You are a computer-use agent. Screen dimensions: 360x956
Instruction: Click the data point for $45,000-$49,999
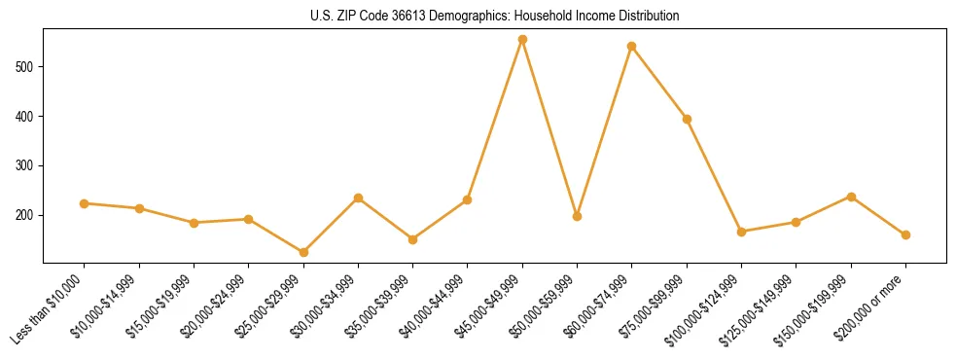[x=522, y=40]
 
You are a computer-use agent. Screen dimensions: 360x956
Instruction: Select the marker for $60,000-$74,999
[x=632, y=46]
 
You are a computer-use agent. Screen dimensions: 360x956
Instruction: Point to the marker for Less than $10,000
[x=85, y=203]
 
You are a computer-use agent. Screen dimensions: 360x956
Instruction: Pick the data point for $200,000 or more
[x=905, y=234]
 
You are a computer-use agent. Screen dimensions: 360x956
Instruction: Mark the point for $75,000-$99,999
[x=687, y=119]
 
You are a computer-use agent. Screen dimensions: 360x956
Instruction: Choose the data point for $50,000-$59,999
[x=577, y=216]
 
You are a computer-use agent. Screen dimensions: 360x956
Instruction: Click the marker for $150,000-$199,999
[x=851, y=197]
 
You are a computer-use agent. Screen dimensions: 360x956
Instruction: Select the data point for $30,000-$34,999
[x=358, y=198]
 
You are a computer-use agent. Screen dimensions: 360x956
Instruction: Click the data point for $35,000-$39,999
[x=412, y=239]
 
